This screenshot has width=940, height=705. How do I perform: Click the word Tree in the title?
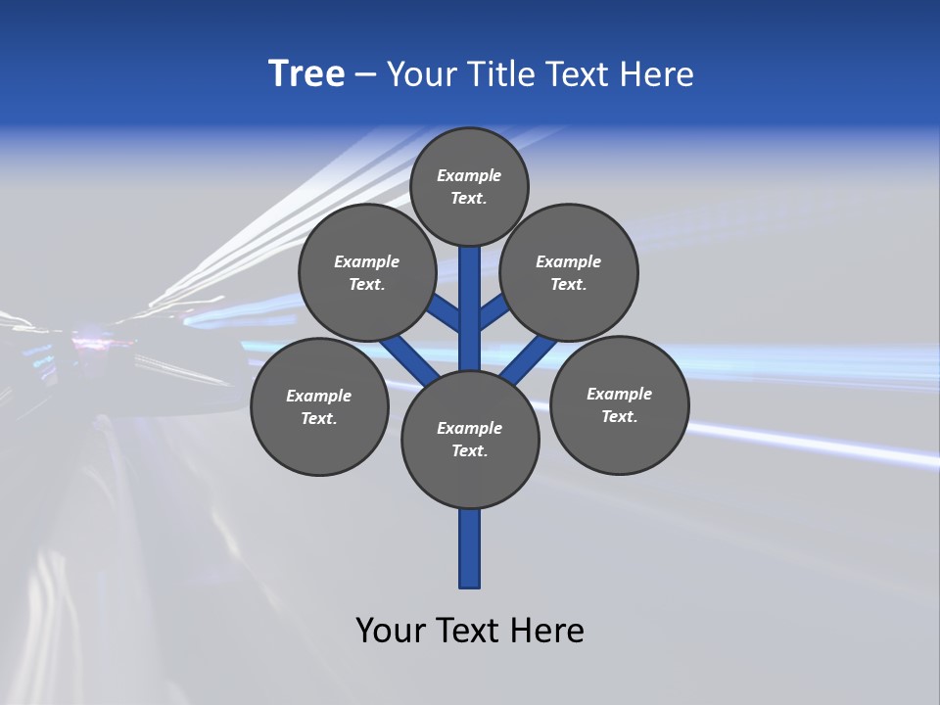coord(306,74)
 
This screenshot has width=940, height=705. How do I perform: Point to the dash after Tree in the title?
coord(365,75)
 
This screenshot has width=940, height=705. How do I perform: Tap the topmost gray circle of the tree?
coord(469,186)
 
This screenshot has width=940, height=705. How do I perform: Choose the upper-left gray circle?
coord(367,272)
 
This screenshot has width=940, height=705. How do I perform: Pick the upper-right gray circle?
coord(569,272)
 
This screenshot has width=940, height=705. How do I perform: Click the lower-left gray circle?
coord(319,406)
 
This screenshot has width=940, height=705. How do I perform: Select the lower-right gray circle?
coord(619,404)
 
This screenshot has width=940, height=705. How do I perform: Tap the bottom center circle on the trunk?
coord(470,439)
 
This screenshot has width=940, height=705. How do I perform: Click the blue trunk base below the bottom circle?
coord(470,548)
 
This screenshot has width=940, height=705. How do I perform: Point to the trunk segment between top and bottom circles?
coord(470,308)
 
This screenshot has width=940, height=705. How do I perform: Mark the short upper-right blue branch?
coord(493,311)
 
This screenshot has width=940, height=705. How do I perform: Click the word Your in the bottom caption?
coord(391,630)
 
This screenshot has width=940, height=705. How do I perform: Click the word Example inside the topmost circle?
coord(469,175)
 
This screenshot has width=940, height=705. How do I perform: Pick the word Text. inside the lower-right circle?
coord(619,416)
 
